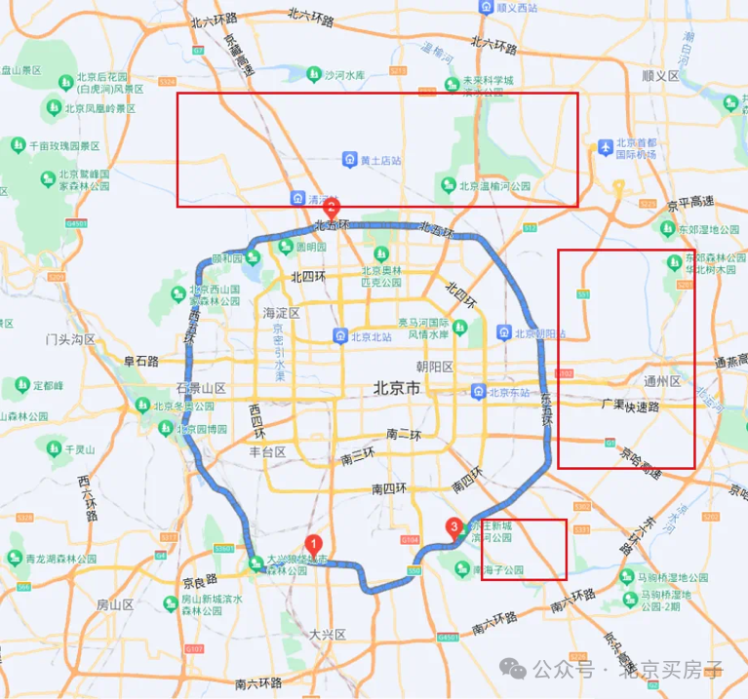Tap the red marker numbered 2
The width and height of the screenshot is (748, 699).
(x=332, y=208)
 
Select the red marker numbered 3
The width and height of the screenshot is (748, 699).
(x=453, y=527)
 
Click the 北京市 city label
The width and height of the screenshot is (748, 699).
(x=397, y=388)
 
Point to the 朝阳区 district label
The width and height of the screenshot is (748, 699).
(x=435, y=367)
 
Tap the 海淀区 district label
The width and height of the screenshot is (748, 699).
(x=282, y=313)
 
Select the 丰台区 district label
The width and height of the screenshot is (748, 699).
(x=265, y=452)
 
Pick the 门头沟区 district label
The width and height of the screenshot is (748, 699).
(x=70, y=339)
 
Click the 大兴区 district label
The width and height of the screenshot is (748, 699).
(x=328, y=634)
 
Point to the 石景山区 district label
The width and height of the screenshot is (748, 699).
(x=201, y=388)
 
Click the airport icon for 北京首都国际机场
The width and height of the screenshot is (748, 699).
(x=605, y=145)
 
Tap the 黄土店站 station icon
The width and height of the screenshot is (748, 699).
(x=349, y=159)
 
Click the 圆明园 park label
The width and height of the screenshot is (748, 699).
(x=309, y=248)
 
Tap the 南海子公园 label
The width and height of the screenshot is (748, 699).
(x=500, y=570)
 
